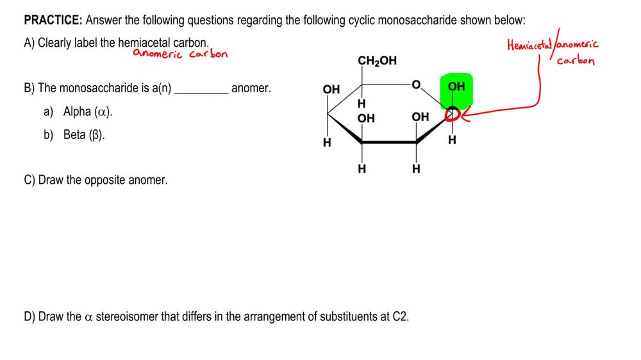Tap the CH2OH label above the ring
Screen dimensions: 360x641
(377, 61)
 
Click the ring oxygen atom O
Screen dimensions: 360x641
(417, 83)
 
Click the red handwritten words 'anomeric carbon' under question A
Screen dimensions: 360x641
(180, 54)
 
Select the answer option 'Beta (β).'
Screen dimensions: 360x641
(84, 135)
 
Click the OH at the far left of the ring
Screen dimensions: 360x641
(331, 90)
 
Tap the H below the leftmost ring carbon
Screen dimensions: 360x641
(327, 142)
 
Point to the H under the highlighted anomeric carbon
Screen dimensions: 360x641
(453, 140)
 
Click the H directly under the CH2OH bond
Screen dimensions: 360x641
(362, 103)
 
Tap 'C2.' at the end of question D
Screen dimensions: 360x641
(401, 316)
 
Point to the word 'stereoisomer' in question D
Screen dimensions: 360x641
(126, 316)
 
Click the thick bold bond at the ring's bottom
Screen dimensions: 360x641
(389, 142)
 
